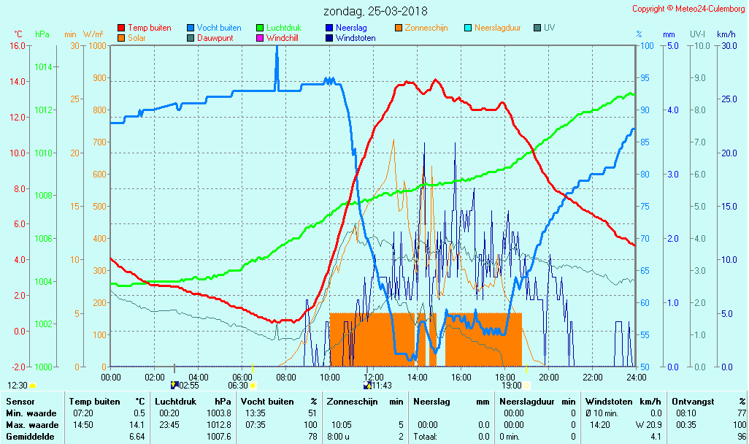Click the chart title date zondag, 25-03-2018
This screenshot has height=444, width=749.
click(375, 12)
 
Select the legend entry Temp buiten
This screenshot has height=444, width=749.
click(149, 28)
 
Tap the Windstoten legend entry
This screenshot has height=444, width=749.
click(356, 38)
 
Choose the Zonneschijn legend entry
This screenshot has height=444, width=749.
click(426, 28)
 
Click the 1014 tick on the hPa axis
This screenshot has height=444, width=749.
click(43, 67)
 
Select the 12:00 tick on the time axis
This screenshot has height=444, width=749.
click(374, 377)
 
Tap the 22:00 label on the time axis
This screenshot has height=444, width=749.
click(593, 377)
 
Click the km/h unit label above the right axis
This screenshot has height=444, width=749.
click(726, 34)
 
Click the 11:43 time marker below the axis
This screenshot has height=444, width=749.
click(382, 386)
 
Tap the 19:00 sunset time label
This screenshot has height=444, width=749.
click(511, 386)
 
